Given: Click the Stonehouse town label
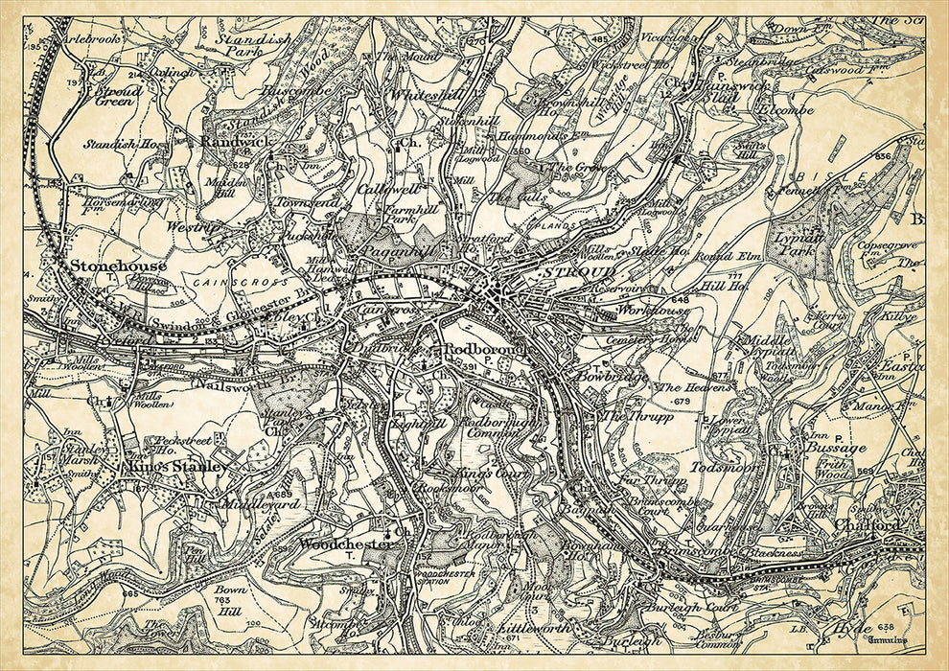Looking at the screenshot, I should (117, 266).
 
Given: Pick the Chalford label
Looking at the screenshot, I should (867, 525).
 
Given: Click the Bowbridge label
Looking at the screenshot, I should (601, 377).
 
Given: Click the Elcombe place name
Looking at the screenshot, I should (784, 110).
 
